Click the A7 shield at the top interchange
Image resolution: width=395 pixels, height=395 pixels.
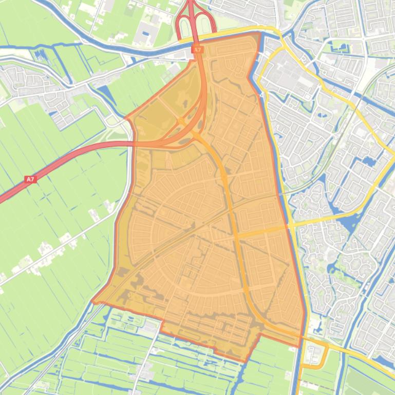point(197,50)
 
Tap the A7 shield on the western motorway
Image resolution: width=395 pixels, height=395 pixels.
point(30,180)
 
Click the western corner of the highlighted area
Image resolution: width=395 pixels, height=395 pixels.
point(93,302)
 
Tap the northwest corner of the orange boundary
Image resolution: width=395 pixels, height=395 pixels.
point(126,118)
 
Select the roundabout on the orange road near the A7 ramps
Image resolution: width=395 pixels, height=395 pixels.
point(181,121)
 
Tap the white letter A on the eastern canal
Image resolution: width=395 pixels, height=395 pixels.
point(262,95)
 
